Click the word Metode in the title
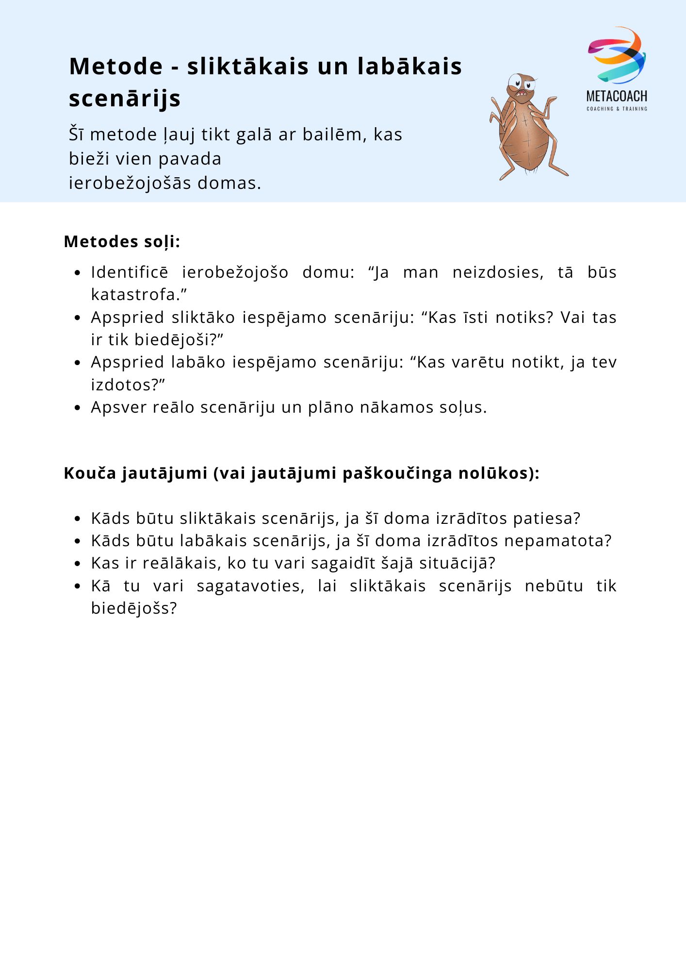point(116,66)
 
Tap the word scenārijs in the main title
point(125,98)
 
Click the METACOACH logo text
point(617,96)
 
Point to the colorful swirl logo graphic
point(617,54)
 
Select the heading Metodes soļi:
point(122,241)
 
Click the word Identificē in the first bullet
point(130,272)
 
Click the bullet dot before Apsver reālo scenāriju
point(77,408)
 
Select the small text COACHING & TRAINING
point(617,109)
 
